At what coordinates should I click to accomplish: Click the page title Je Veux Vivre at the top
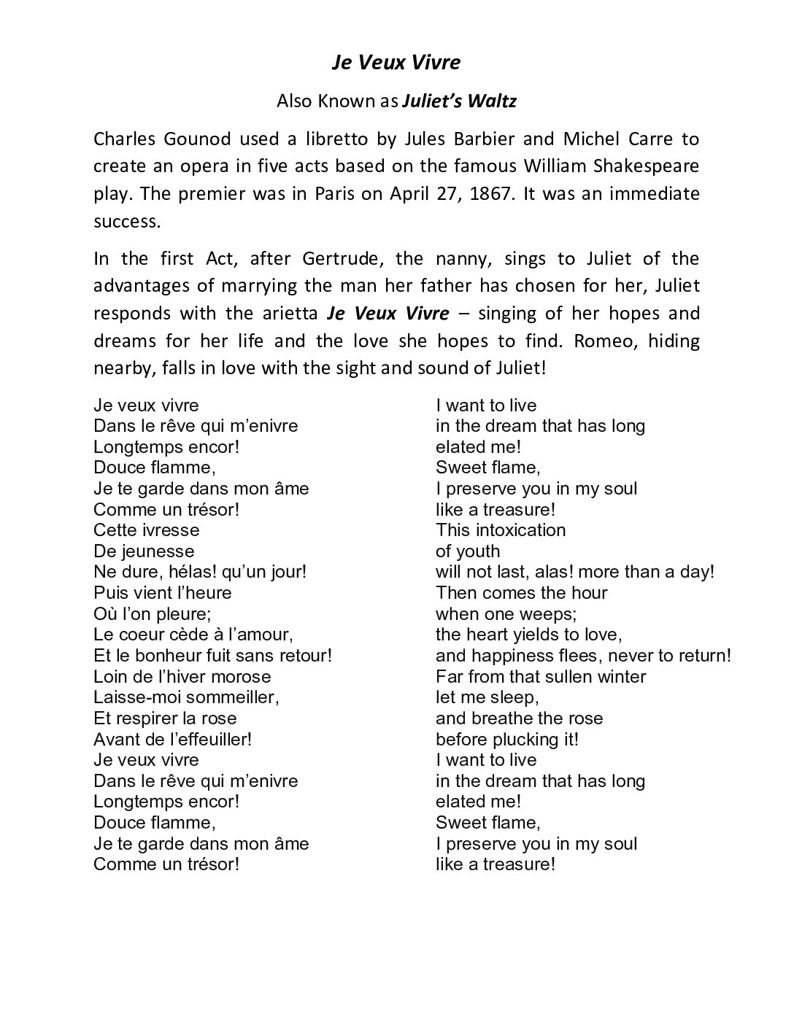click(396, 63)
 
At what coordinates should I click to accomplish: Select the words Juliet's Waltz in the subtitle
click(459, 101)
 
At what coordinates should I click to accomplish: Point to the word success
click(127, 222)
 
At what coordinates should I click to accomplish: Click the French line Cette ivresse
click(146, 530)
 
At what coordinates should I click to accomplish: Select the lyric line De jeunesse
click(144, 551)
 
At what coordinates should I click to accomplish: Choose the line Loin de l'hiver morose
click(182, 676)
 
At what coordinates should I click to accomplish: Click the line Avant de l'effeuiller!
click(172, 739)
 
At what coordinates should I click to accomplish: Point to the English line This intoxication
click(500, 530)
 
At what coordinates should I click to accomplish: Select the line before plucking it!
click(506, 739)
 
